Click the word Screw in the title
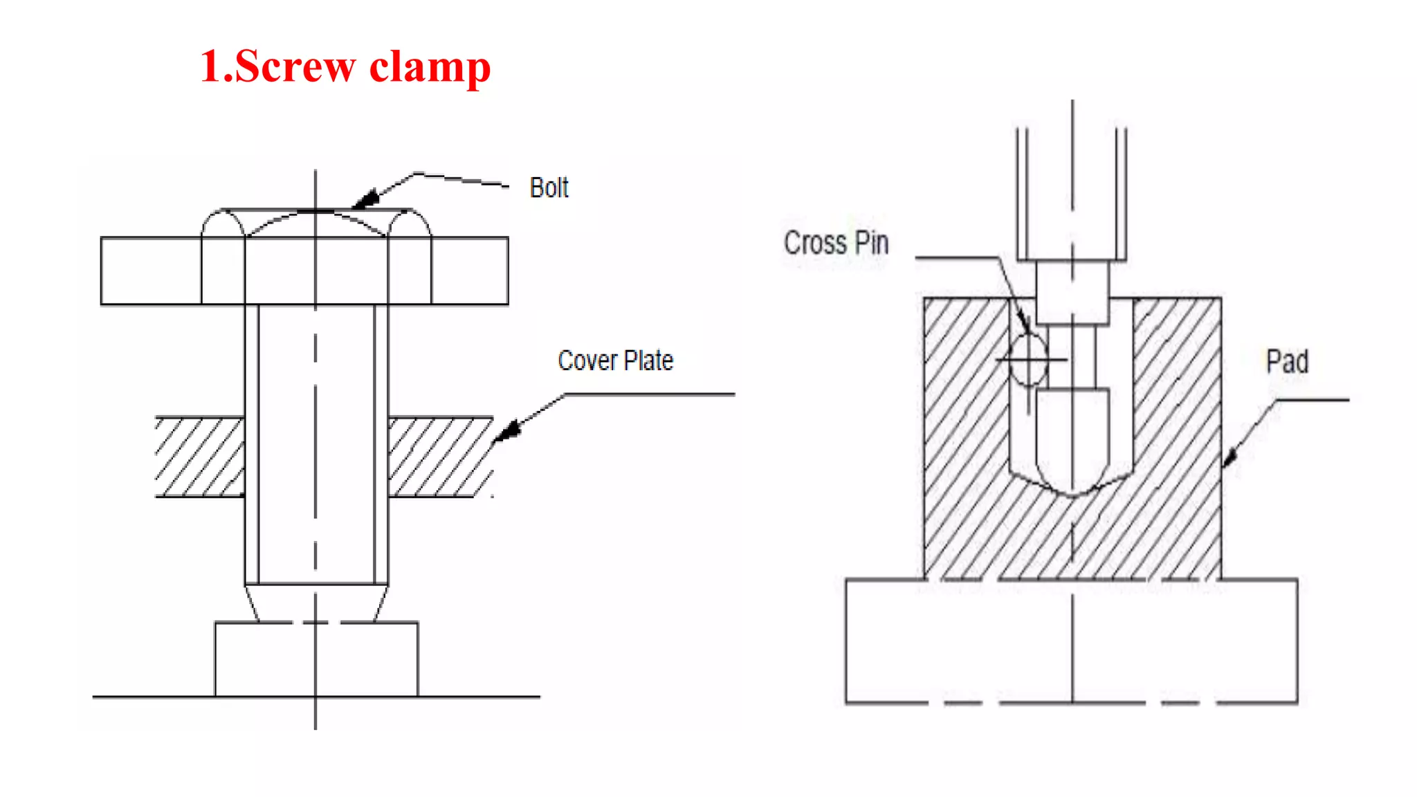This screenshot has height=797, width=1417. tap(295, 67)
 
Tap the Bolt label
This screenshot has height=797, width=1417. tap(549, 188)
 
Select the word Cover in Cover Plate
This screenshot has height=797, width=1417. tap(587, 361)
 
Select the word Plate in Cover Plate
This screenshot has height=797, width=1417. tap(648, 361)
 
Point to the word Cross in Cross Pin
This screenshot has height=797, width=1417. tap(815, 243)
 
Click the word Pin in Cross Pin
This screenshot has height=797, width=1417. tap(871, 243)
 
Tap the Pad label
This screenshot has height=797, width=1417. tap(1287, 362)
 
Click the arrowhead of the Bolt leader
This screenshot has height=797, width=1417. tap(365, 199)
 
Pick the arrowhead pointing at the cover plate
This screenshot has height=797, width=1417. tap(508, 431)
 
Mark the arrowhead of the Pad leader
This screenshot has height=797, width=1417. tap(1229, 457)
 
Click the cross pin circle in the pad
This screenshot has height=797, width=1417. tap(1028, 360)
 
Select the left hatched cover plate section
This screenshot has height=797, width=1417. tap(200, 457)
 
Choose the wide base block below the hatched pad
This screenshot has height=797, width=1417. tap(1071, 641)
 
